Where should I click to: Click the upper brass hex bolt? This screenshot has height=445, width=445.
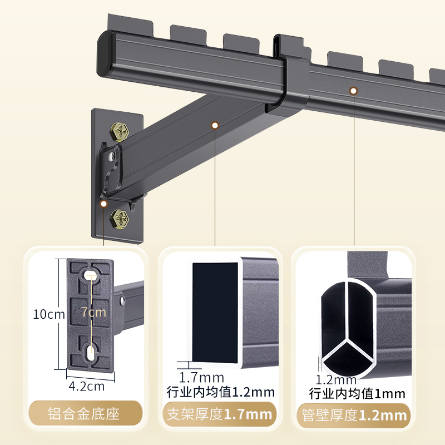tap(122, 131)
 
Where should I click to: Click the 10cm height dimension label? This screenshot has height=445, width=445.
tap(48, 315)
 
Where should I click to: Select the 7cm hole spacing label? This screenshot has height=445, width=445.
tap(93, 312)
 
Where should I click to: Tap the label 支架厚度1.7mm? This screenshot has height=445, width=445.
tap(220, 414)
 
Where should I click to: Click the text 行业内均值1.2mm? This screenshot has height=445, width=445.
tap(221, 392)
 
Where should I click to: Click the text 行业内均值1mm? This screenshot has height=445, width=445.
tap(357, 394)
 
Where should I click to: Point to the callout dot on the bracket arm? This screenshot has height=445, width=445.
tap(215, 126)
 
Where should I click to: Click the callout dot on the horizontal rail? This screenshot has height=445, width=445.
tap(353, 90)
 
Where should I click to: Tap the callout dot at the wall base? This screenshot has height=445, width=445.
tap(103, 204)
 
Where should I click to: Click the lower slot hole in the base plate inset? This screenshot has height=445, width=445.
tap(91, 352)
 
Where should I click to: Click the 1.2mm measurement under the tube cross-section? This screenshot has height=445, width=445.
tap(336, 380)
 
